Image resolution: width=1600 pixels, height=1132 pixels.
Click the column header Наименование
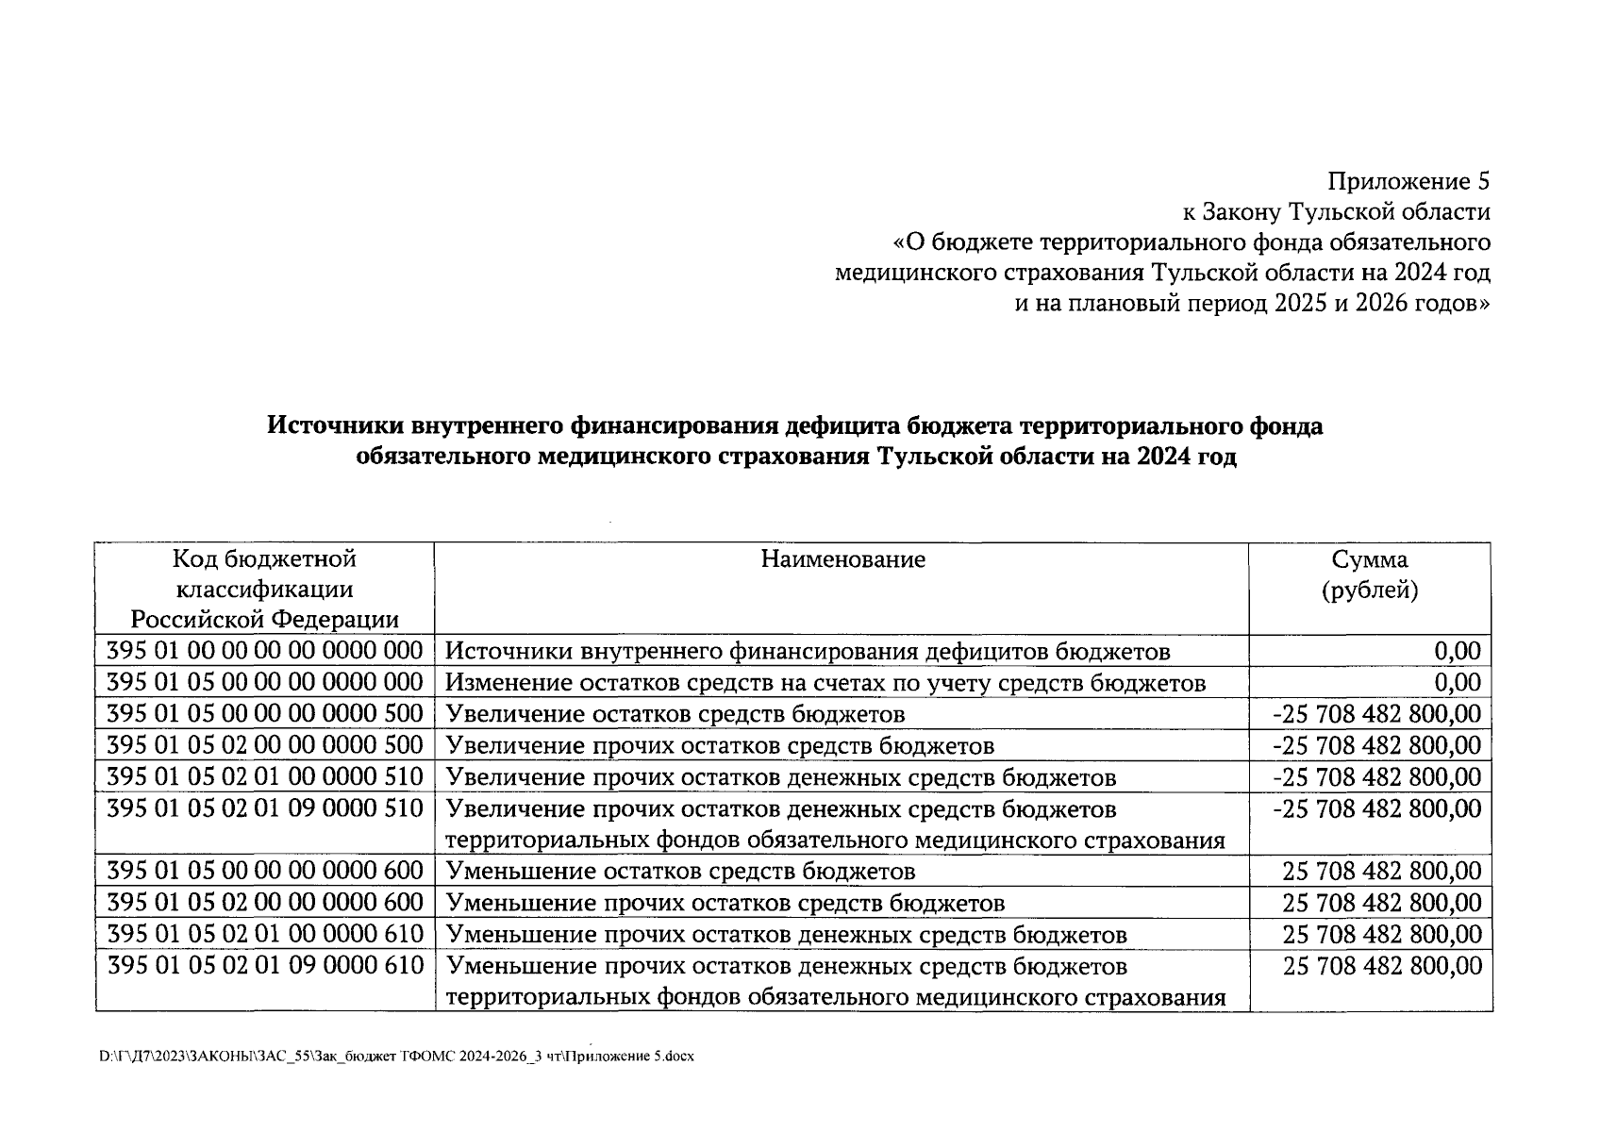click(x=842, y=559)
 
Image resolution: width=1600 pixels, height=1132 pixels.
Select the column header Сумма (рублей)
click(x=1370, y=574)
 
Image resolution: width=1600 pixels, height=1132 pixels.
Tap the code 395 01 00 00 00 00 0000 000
click(x=264, y=651)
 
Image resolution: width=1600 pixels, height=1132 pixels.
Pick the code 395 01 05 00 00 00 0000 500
click(x=264, y=713)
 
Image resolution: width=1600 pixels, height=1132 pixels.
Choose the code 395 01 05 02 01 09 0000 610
click(x=264, y=966)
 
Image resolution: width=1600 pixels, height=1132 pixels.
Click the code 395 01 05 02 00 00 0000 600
click(x=264, y=903)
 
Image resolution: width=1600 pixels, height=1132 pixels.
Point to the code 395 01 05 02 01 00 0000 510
click(x=264, y=777)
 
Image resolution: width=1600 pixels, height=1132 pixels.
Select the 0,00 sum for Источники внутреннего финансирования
click(x=1457, y=651)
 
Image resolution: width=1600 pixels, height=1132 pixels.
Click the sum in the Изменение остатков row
click(x=1457, y=682)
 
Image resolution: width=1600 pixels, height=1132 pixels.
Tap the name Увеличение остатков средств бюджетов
click(x=675, y=714)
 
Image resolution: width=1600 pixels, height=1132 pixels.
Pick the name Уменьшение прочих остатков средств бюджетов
click(x=724, y=904)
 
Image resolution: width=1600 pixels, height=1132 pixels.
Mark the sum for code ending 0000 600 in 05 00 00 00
click(x=1381, y=871)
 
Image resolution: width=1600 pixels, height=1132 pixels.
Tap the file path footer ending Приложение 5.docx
click(x=396, y=1057)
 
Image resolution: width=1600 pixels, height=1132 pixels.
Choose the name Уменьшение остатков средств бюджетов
click(x=679, y=872)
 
